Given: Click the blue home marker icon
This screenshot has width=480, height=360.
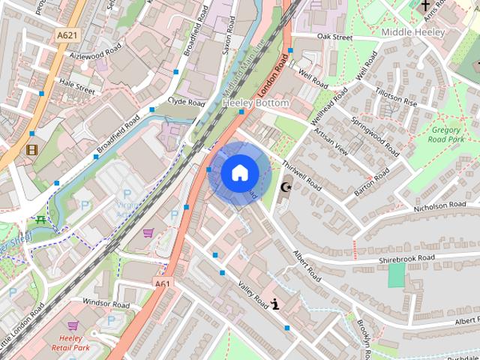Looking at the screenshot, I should [238, 173].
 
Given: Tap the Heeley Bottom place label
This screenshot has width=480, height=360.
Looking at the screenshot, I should [256, 102].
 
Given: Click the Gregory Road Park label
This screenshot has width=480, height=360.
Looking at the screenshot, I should [447, 134].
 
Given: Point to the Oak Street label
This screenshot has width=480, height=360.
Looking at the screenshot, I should [334, 36].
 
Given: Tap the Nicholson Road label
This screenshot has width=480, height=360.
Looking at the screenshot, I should [439, 205].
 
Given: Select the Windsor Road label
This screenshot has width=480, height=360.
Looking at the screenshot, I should [106, 303].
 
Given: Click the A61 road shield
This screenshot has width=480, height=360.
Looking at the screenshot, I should [162, 284].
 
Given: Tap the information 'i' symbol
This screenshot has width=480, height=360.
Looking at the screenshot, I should [276, 304].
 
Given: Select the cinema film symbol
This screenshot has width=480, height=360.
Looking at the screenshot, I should [31, 149].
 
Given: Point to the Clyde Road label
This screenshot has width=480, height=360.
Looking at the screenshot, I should [186, 101].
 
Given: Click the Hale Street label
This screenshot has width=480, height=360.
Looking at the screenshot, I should [77, 87].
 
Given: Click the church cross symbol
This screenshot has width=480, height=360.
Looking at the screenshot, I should [426, 5].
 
